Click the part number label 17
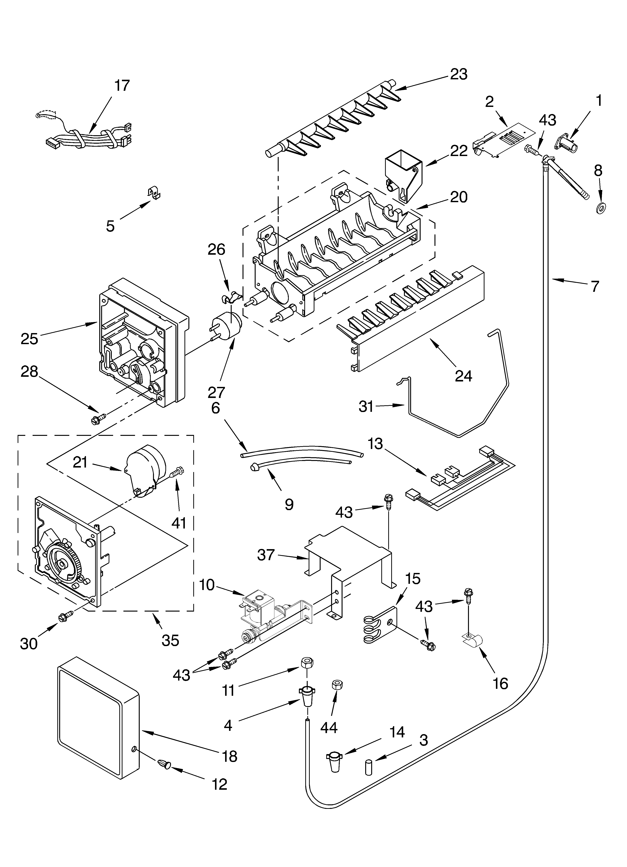[122, 86]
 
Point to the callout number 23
[459, 74]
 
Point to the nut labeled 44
[337, 684]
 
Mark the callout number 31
[366, 406]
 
